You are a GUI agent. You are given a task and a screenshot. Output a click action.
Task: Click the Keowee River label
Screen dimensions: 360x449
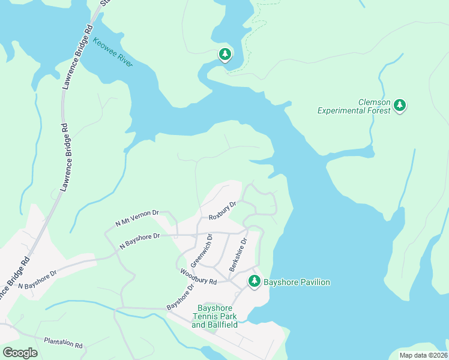pos(113,52)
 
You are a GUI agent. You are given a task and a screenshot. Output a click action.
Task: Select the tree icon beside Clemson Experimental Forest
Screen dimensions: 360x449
pos(400,106)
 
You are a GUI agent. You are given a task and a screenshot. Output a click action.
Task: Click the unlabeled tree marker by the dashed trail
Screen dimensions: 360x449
pos(225,55)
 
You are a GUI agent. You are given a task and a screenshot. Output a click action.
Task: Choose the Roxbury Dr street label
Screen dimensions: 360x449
pos(223,211)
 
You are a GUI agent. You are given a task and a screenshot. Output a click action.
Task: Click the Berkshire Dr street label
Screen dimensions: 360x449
pos(238,255)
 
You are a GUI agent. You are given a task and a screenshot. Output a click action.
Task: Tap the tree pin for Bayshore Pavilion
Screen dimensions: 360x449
pos(255,281)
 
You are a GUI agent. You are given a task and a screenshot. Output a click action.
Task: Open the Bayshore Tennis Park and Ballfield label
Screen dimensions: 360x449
pos(214,316)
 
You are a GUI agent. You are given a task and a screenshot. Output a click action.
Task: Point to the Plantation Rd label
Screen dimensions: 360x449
pos(63,343)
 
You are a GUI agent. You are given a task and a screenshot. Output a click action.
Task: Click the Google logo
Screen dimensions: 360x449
pos(20,353)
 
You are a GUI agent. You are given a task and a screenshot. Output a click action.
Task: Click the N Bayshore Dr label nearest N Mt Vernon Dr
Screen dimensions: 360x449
pos(139,241)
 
